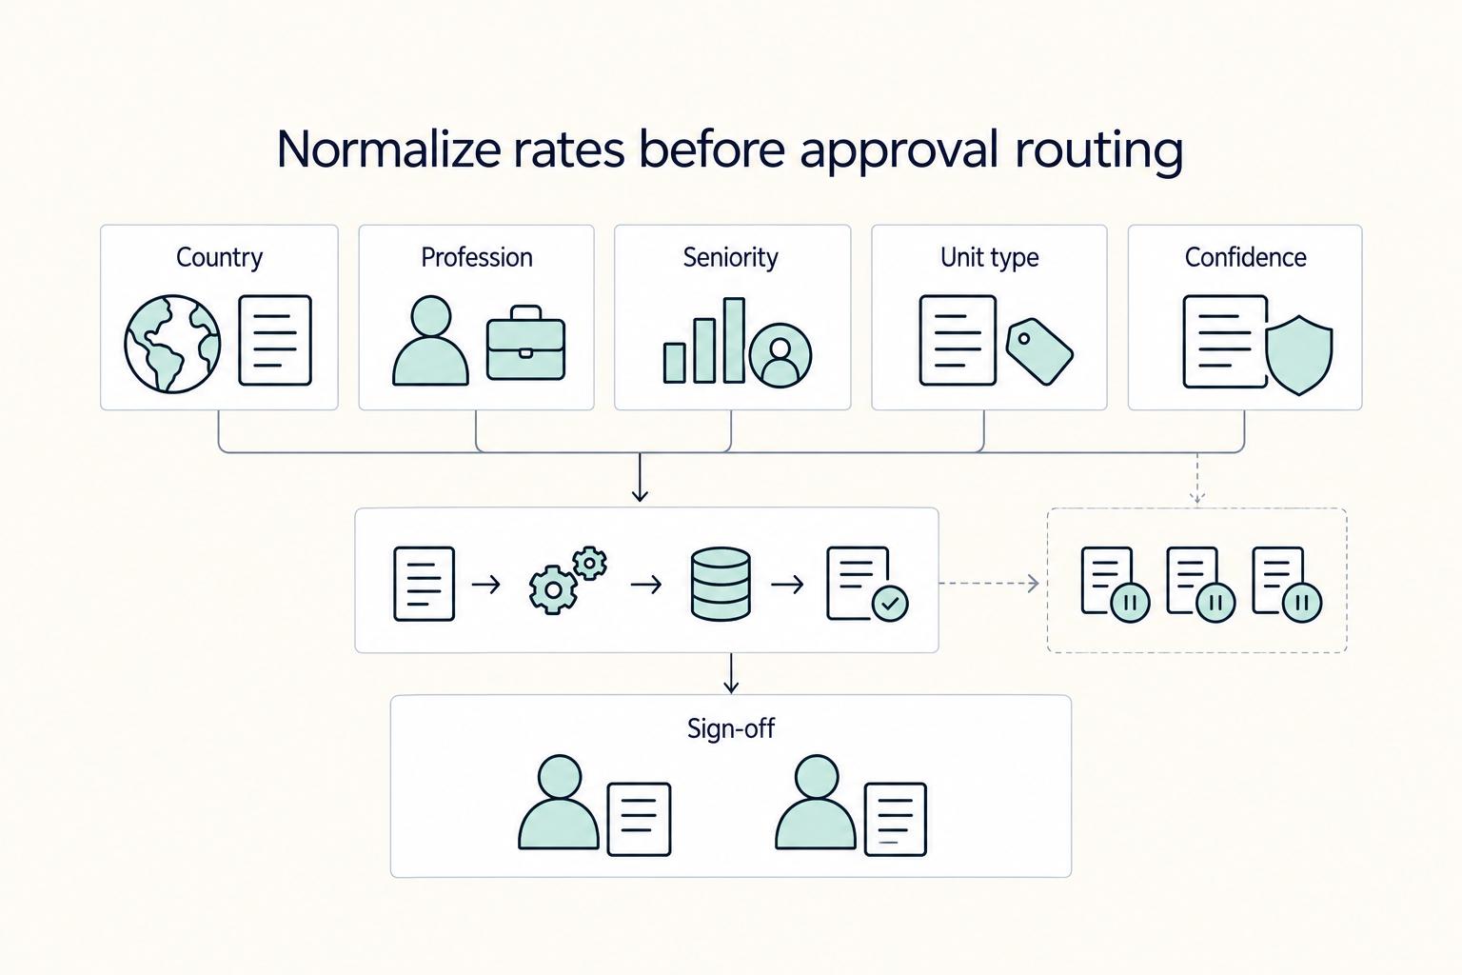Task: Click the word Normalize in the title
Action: [388, 149]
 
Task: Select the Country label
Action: [219, 257]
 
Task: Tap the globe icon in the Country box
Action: [172, 344]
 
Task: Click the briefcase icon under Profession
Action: [525, 342]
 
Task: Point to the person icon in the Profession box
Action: [430, 340]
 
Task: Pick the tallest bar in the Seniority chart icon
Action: [734, 340]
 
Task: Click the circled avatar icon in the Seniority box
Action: [780, 356]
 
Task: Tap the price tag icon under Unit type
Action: [1039, 351]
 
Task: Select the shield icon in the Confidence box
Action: [1299, 355]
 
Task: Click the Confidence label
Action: [1245, 257]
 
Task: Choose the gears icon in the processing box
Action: [567, 579]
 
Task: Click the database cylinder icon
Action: [721, 583]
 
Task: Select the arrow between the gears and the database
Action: [646, 584]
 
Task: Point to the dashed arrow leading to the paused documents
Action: [989, 583]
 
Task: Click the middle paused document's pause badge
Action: [1215, 602]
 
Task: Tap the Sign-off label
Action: [731, 728]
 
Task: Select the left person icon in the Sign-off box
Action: [559, 802]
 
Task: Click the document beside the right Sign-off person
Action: [895, 819]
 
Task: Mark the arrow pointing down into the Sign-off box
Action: [731, 672]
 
